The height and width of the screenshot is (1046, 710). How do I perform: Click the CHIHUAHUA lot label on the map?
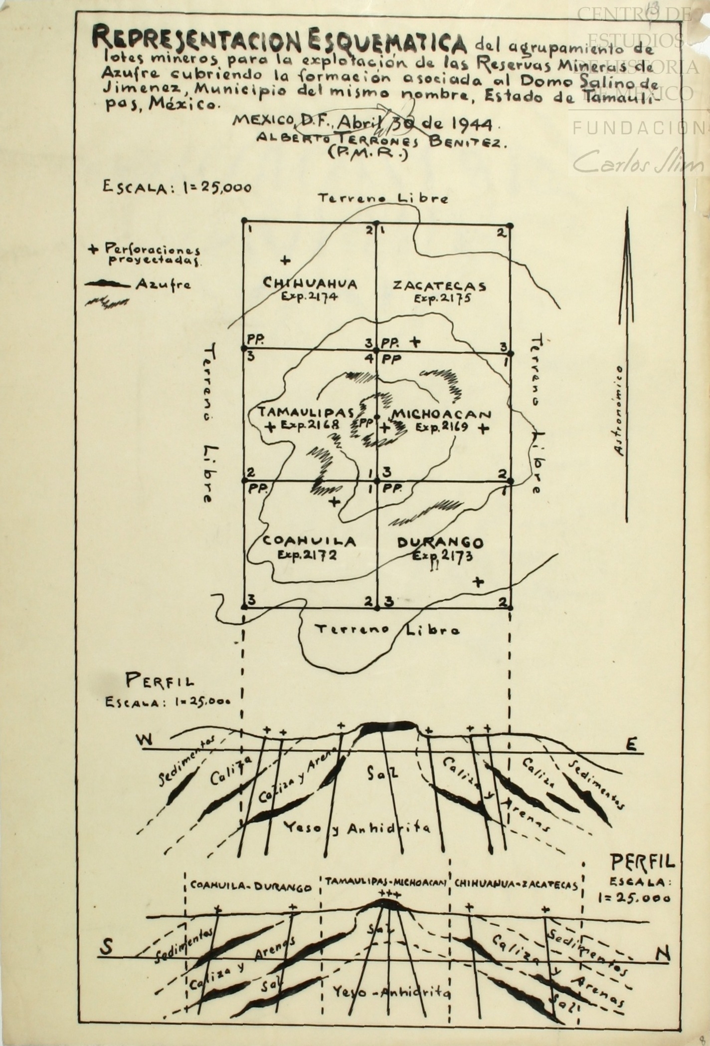coord(310,284)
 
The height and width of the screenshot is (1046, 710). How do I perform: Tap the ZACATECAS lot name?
coord(439,286)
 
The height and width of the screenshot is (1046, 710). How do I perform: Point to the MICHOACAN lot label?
coord(440,414)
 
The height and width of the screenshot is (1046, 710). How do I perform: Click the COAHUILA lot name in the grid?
coord(309,541)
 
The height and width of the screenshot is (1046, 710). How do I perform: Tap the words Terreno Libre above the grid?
coord(383,199)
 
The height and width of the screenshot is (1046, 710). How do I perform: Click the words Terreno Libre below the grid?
coord(389,629)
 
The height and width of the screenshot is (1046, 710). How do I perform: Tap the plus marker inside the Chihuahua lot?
coord(285,260)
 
